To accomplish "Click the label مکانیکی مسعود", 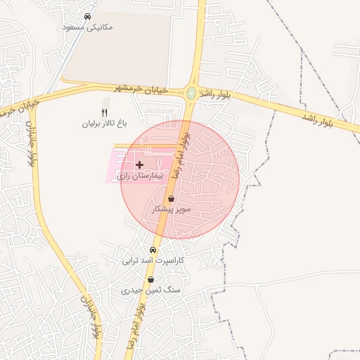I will (x=87, y=27).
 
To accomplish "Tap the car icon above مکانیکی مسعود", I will (x=87, y=16).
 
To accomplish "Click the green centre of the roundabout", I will (x=191, y=93).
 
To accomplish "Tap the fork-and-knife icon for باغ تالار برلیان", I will (x=105, y=112).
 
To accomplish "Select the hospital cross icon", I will (x=139, y=164).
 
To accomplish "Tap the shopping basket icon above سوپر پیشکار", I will (x=172, y=199).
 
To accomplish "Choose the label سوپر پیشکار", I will (x=172, y=210).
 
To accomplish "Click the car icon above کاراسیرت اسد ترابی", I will (x=153, y=250).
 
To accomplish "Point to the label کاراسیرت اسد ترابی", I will (x=153, y=261).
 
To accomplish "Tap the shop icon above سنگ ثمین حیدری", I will (x=150, y=280).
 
